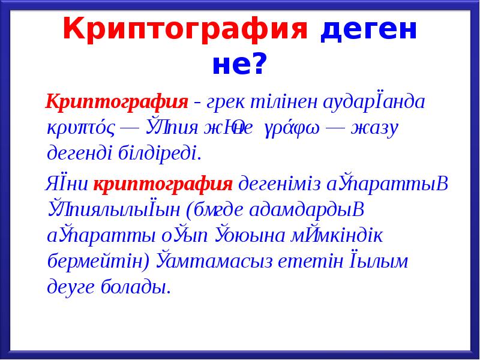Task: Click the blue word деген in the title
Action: click(367, 29)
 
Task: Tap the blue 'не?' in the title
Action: click(238, 63)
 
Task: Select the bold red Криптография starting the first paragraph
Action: click(118, 101)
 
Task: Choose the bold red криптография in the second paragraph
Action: click(163, 183)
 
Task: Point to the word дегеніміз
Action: click(281, 183)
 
